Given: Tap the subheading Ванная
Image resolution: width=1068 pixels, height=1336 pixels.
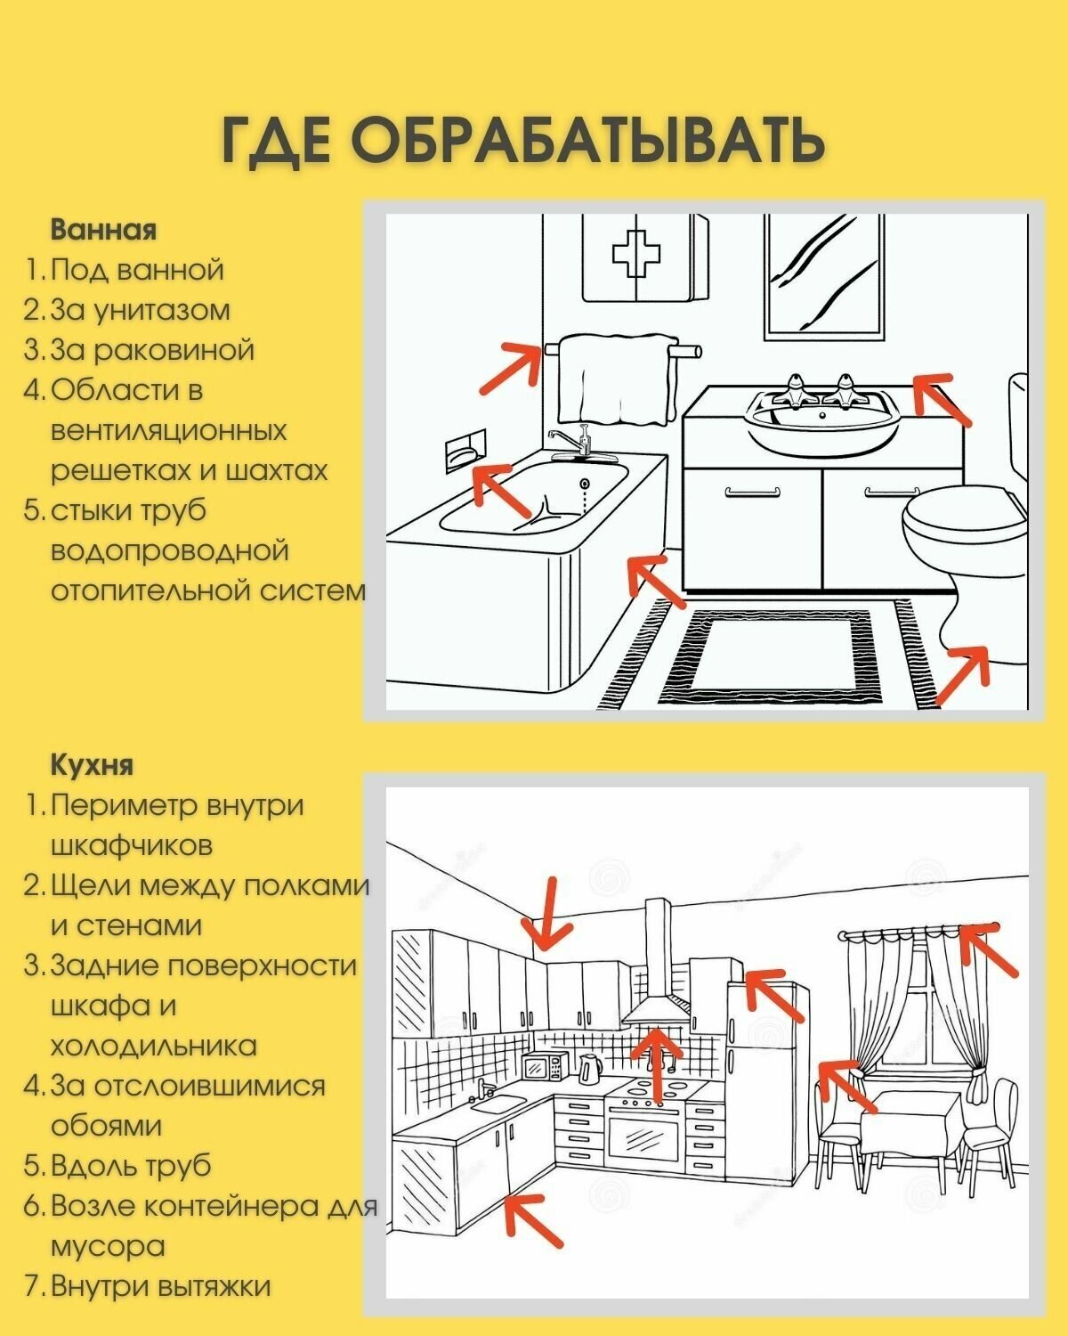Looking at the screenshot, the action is click(103, 229).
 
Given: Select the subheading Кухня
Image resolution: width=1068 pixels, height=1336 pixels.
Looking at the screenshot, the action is click(92, 764).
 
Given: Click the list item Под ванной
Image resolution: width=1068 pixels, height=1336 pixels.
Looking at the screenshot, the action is click(136, 270).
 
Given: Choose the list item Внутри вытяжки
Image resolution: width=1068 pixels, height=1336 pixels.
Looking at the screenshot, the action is click(161, 1285).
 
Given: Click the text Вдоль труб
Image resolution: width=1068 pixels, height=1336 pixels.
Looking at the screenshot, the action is click(131, 1166).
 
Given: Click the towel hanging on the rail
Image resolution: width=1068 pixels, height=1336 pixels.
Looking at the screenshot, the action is click(617, 379).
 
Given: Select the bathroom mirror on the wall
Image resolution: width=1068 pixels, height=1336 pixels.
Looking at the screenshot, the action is click(824, 276).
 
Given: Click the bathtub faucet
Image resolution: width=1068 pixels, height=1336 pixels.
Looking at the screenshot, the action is click(574, 442).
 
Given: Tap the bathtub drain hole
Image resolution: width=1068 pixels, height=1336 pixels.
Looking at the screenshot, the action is click(584, 483).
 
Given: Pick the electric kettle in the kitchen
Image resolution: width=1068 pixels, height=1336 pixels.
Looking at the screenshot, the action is click(590, 1069).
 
